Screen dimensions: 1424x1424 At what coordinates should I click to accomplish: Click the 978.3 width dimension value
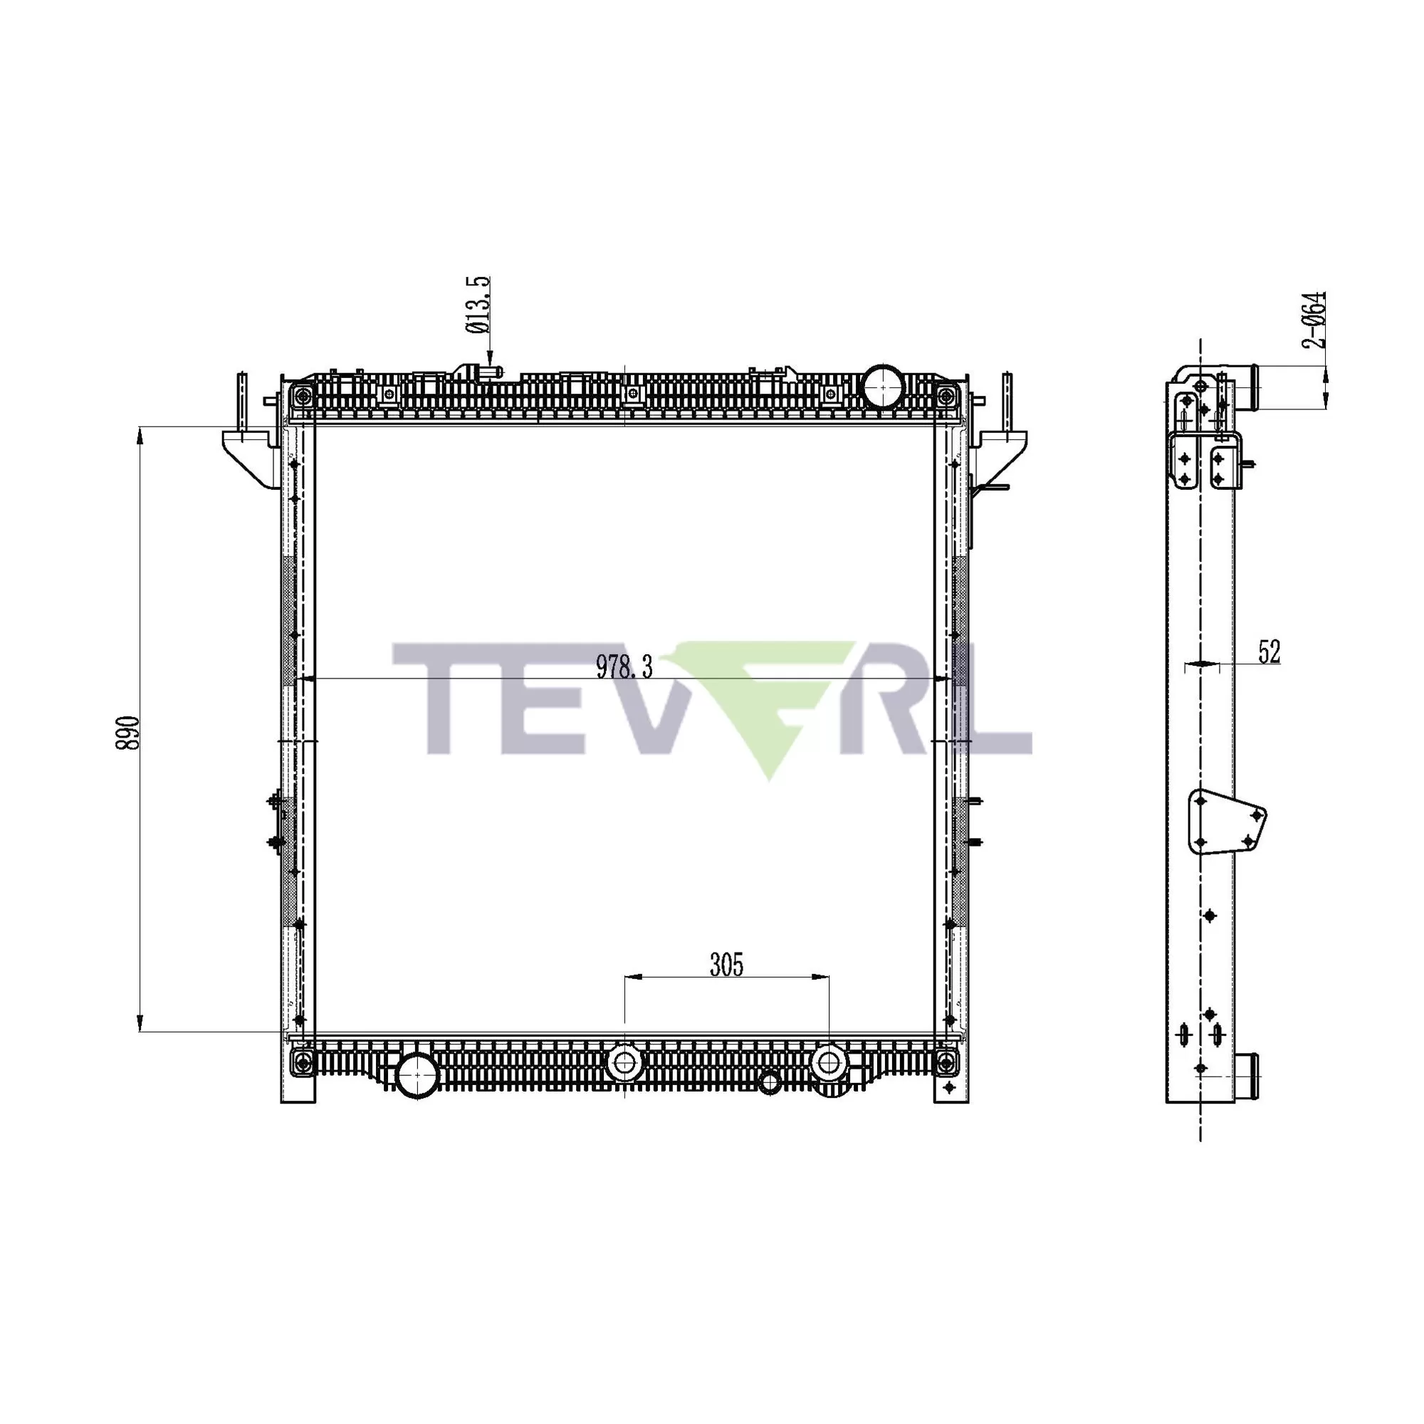(624, 668)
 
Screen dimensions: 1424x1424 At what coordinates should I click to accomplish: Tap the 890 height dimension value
(127, 732)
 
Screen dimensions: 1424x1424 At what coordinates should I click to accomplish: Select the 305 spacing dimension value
(726, 964)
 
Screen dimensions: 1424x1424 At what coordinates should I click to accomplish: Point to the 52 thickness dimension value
(1269, 652)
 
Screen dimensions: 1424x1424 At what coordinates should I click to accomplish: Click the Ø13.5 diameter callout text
(478, 305)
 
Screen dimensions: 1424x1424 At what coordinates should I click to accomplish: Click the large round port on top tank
(882, 386)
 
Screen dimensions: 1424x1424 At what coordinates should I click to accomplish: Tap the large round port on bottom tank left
(417, 1075)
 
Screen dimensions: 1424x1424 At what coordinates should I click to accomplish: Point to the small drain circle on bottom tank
(769, 1082)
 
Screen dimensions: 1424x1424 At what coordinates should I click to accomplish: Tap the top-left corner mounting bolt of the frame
(301, 395)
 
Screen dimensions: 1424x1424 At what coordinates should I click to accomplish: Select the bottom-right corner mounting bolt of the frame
(944, 1063)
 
